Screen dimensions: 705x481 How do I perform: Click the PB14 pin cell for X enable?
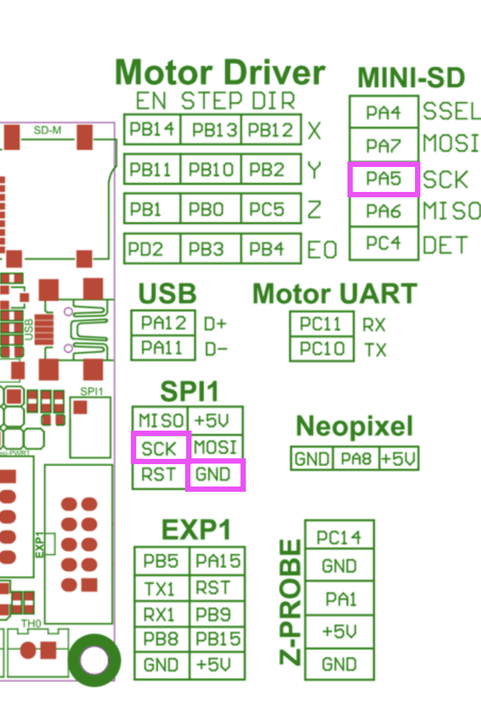coord(152,129)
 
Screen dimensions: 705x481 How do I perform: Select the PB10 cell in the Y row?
coord(211,170)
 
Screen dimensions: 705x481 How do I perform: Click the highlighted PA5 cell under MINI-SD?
coord(384,179)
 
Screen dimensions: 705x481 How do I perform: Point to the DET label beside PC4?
coord(445,245)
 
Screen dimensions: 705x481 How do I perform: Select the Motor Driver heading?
coord(220,73)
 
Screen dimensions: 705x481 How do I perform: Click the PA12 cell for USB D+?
coord(163,323)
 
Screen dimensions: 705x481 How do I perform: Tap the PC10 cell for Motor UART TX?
coord(321,349)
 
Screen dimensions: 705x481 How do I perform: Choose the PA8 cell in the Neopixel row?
coord(356,458)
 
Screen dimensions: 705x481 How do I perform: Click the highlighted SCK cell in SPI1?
coord(160,448)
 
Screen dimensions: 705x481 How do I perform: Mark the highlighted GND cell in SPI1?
coord(215,474)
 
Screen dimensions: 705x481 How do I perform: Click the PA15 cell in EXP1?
coord(218,561)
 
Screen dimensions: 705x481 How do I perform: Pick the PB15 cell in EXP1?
coord(218,639)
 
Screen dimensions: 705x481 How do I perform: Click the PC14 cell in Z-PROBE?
coord(339,537)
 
